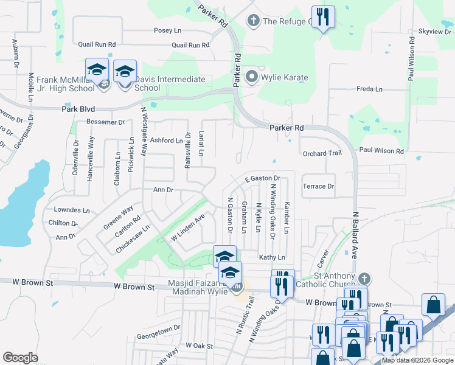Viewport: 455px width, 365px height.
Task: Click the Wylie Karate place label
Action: pyautogui.click(x=285, y=78)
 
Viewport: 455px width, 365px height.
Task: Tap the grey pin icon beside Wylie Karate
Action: pyautogui.click(x=252, y=77)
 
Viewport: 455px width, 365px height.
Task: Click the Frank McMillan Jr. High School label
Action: pyautogui.click(x=66, y=83)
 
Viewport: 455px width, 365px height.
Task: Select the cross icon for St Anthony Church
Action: pyautogui.click(x=364, y=279)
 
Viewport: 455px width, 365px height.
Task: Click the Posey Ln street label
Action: pyautogui.click(x=168, y=30)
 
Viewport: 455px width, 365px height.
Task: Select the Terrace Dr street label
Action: pyautogui.click(x=319, y=186)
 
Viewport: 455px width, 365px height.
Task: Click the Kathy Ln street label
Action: pyautogui.click(x=272, y=257)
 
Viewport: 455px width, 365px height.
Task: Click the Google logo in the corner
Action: pyautogui.click(x=20, y=358)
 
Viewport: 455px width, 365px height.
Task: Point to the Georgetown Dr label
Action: pyautogui.click(x=159, y=327)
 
